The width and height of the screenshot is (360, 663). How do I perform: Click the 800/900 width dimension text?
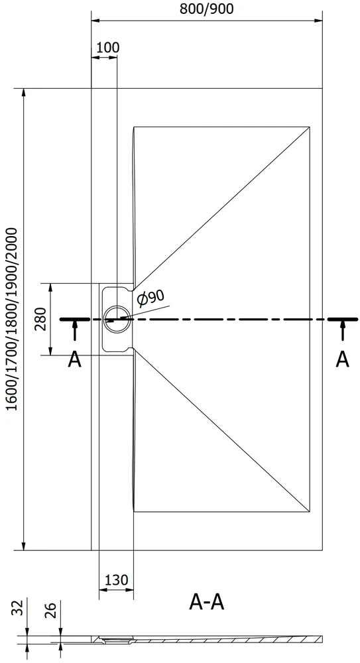[207, 9]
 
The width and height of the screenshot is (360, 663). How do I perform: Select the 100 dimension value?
[108, 47]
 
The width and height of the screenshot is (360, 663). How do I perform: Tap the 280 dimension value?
[42, 320]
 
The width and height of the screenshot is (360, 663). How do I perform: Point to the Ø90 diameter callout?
[150, 298]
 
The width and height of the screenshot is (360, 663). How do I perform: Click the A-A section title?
[207, 602]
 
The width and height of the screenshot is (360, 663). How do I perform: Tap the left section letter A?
[74, 360]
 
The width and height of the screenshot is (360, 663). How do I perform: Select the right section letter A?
[343, 360]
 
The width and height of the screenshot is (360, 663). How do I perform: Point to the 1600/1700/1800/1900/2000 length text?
[13, 320]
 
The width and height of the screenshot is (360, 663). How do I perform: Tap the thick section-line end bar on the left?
[74, 320]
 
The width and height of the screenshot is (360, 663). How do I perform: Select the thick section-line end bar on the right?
[343, 320]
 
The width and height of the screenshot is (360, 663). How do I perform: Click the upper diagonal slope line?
[222, 208]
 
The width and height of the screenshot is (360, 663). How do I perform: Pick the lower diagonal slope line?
[222, 430]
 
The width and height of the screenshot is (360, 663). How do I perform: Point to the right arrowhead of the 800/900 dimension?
[318, 21]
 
